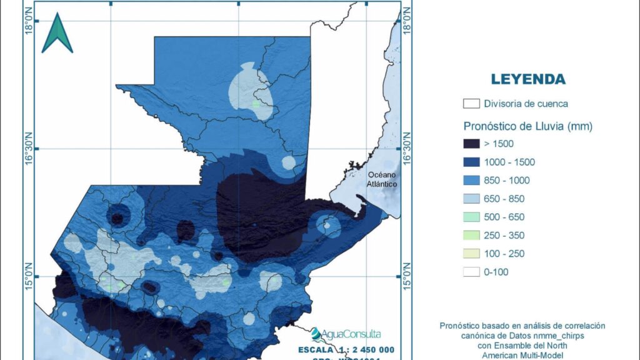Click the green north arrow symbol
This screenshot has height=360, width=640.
click(57, 34)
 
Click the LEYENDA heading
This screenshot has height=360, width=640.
click(528, 79)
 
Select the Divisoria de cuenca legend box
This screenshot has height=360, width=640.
click(472, 104)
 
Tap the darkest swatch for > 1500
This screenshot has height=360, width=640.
click(472, 144)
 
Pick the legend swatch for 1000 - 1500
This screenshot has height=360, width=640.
click(472, 162)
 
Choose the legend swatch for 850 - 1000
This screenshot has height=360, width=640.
click(472, 181)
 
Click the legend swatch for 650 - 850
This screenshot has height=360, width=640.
click(472, 199)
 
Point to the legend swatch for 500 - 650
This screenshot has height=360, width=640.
click(472, 217)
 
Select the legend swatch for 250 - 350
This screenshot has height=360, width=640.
click(472, 235)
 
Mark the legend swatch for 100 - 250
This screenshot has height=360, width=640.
click(472, 254)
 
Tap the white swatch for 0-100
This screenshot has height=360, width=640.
click(472, 272)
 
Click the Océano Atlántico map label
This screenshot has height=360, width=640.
click(382, 179)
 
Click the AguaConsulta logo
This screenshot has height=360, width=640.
click(346, 334)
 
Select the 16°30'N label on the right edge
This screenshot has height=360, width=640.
click(409, 149)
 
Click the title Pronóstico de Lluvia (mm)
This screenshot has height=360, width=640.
click(528, 126)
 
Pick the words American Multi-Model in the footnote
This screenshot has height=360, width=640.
click(522, 355)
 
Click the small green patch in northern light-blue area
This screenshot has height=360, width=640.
click(256, 104)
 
